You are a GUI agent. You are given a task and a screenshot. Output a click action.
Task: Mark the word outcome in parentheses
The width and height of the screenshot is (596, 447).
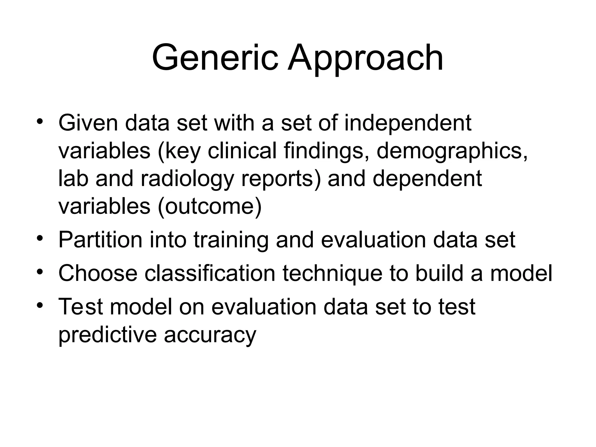click(210, 206)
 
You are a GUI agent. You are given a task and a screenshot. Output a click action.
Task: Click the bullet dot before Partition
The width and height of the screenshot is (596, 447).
click(40, 239)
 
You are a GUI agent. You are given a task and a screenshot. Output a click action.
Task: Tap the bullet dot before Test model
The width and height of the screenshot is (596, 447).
click(40, 306)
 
